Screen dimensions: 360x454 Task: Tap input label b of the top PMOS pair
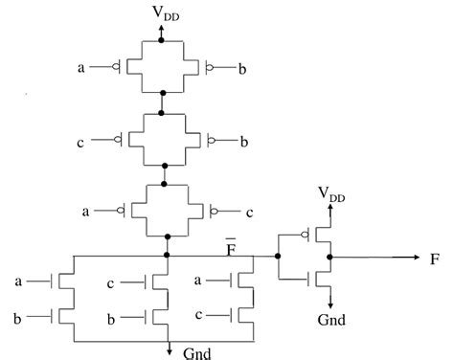click(x=245, y=69)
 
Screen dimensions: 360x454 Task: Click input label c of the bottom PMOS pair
click(x=245, y=210)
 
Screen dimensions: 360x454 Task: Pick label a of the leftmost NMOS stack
click(x=20, y=282)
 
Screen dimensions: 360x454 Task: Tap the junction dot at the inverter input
click(x=278, y=257)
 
